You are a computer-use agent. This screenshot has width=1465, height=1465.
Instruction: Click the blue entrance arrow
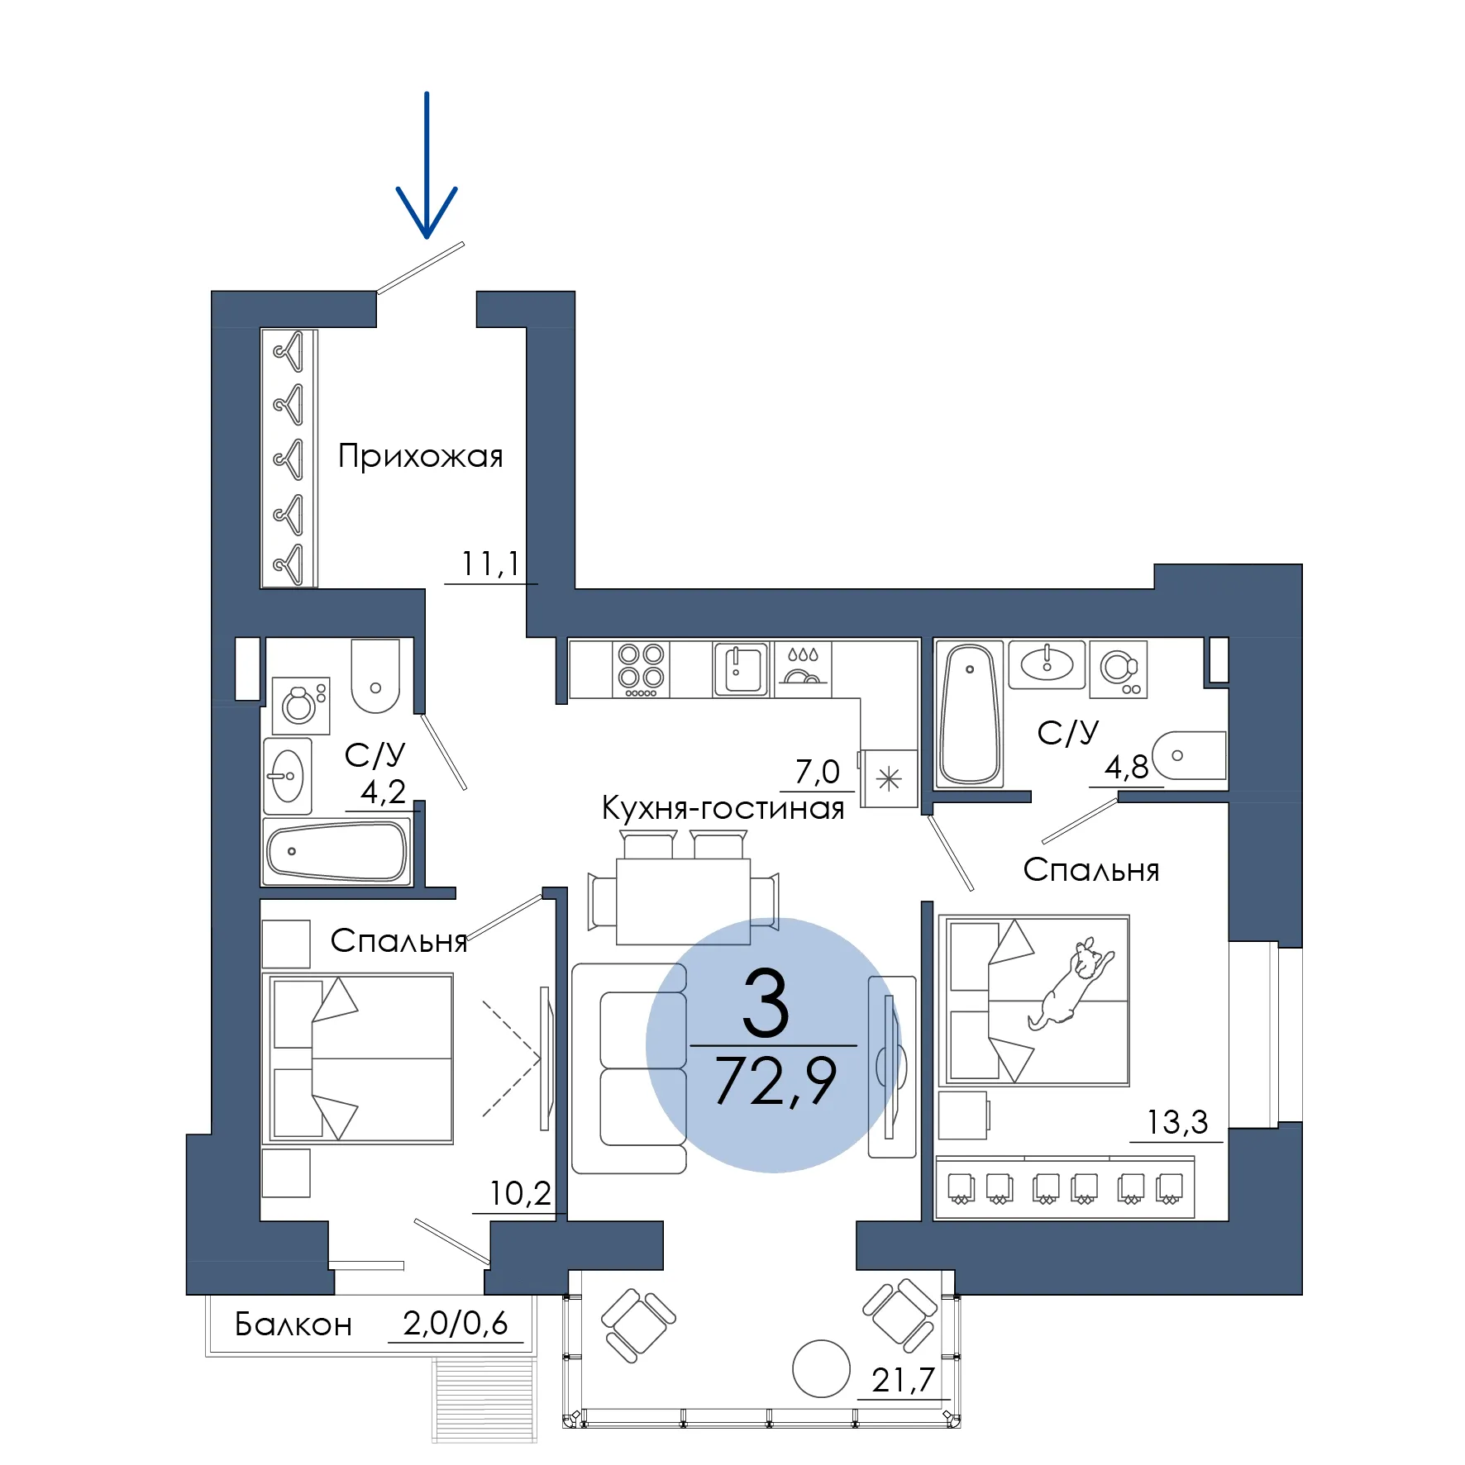[427, 165]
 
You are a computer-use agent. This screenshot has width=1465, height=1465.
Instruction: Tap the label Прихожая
[421, 456]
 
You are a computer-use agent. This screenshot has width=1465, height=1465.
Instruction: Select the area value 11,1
[490, 564]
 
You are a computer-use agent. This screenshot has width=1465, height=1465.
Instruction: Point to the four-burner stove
[642, 669]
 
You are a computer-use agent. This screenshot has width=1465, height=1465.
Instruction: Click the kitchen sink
[742, 669]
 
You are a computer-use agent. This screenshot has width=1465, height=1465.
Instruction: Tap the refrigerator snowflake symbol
[889, 778]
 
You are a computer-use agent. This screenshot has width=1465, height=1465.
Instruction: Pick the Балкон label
[293, 1325]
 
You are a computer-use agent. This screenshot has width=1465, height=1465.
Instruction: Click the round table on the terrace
[821, 1368]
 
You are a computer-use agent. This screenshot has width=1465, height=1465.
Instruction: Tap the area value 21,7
[903, 1380]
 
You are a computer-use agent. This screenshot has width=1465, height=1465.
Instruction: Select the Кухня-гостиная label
[723, 808]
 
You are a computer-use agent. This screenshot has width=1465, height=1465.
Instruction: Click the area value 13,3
[1177, 1122]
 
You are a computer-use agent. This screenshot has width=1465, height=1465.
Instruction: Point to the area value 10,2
[520, 1193]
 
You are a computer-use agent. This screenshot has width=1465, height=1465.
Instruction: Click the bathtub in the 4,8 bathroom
[970, 714]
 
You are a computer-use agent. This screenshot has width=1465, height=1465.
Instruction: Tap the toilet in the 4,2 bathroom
[375, 675]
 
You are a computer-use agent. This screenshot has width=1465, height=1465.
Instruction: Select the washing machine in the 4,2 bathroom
[301, 706]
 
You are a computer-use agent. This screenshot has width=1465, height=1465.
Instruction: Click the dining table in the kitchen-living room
[683, 901]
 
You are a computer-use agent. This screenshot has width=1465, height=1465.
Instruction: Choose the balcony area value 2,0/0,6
[456, 1324]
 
